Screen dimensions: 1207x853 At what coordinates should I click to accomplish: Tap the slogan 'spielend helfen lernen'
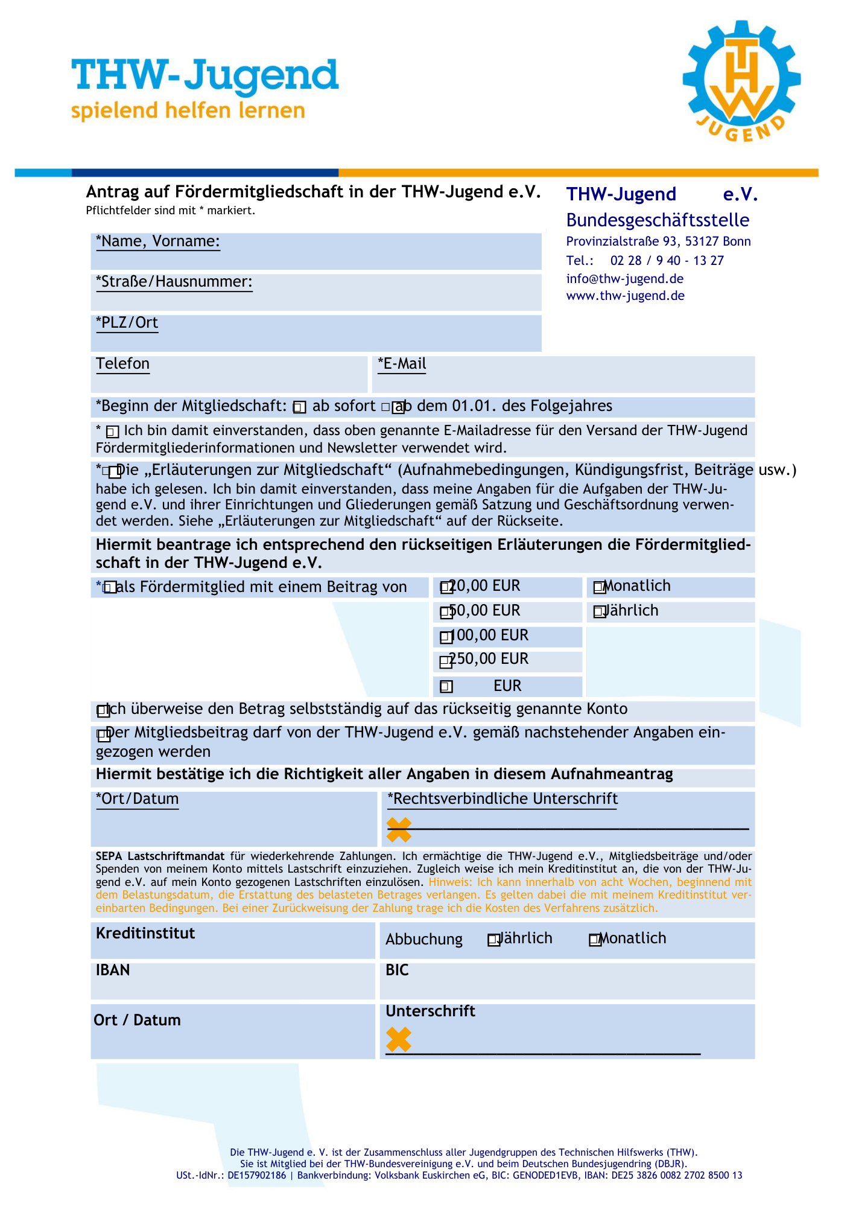188,111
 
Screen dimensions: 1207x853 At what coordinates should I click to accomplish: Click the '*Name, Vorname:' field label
158,241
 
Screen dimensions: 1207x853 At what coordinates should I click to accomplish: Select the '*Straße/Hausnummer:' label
174,282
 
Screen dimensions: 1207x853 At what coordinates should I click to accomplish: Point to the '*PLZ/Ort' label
127,323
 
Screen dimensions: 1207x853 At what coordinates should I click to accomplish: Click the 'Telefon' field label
122,364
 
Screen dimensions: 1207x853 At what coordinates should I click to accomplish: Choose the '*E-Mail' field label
402,364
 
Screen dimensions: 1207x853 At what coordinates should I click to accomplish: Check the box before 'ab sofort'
299,408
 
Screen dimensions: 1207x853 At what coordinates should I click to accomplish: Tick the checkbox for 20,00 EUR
446,587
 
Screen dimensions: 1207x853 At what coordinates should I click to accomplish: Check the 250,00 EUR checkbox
446,662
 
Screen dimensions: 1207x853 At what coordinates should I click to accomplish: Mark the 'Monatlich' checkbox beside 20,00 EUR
599,587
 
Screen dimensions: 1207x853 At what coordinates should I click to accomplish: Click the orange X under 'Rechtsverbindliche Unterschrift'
399,830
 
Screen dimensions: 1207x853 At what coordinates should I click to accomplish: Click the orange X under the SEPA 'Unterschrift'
399,1039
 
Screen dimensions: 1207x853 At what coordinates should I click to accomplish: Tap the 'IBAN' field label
113,970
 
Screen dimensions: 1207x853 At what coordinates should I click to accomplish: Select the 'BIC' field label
397,970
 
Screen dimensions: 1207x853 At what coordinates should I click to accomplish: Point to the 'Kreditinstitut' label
145,934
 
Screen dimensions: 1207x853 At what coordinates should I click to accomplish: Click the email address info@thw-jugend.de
624,279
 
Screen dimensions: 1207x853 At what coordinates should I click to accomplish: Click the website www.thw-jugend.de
625,296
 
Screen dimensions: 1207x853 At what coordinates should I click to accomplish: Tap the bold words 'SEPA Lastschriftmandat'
160,856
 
